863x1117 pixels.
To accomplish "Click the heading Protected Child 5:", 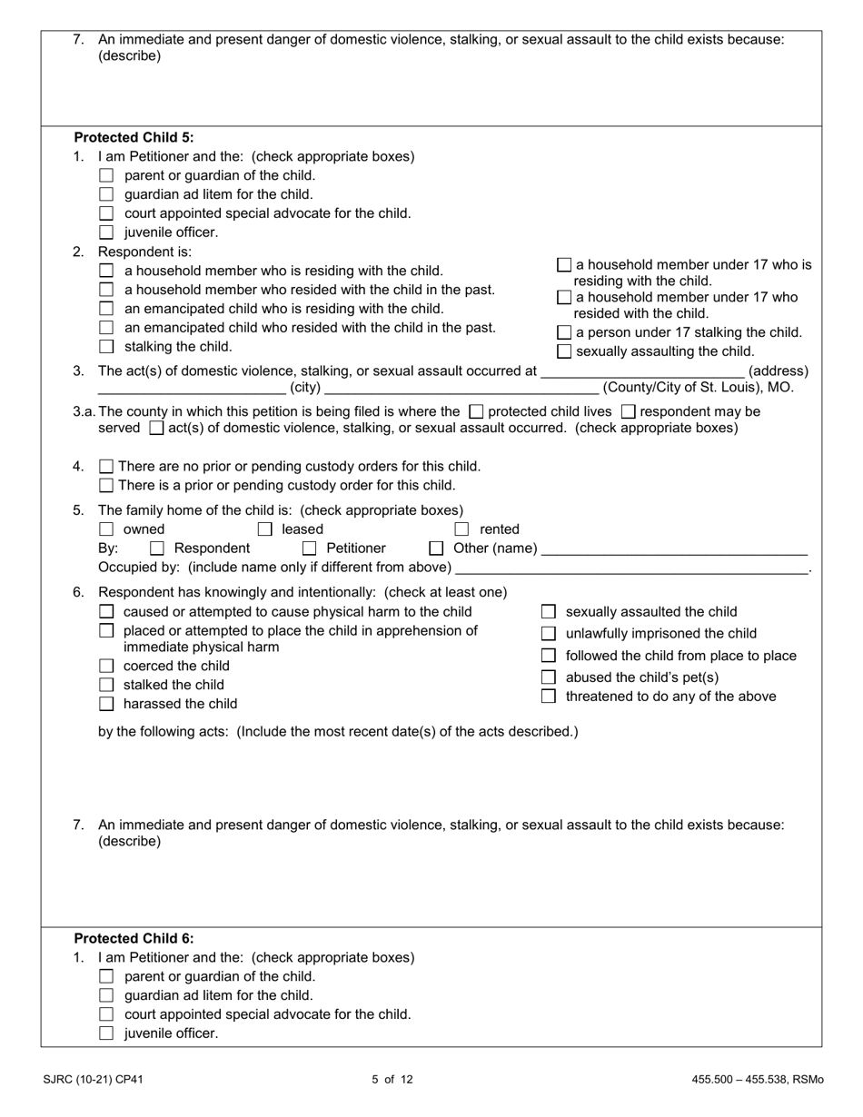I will [134, 138].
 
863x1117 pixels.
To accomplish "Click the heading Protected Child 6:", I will [134, 939].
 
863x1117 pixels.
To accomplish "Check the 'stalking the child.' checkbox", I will [106, 347].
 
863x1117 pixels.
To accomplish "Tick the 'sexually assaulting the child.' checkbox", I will [564, 351].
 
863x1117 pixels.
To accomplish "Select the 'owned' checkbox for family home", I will [106, 529].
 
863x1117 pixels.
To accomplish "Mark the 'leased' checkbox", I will [265, 529].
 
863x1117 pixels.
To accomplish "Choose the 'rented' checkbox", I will [462, 529].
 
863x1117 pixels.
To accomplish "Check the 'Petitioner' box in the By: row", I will [309, 549].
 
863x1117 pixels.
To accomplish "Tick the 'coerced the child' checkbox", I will [106, 667].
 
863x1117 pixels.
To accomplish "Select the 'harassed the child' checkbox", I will [106, 704].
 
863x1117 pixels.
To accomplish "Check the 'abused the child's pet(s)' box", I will [549, 677].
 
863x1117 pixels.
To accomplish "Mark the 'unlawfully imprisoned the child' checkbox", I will [549, 633].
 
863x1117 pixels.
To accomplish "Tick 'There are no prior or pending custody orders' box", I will [106, 467].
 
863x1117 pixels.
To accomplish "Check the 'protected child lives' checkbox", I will [477, 412].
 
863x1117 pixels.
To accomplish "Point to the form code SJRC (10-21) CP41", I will [93, 1080].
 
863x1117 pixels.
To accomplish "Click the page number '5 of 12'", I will [392, 1080].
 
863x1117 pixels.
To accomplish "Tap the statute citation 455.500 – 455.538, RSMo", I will [757, 1080].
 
